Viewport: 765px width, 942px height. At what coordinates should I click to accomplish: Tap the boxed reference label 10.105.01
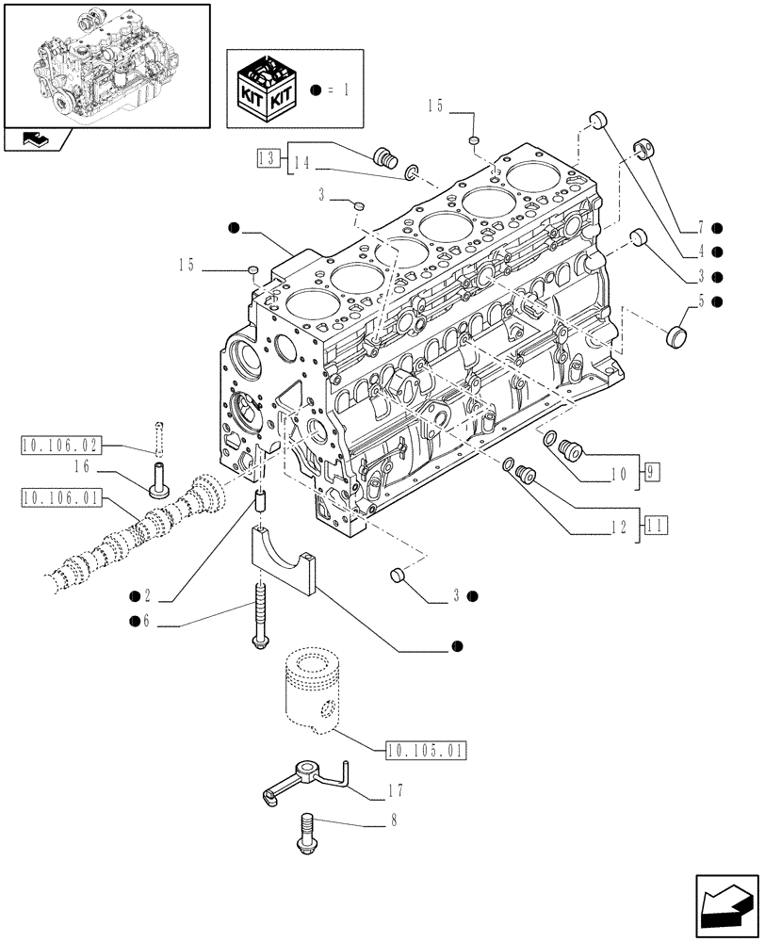click(x=427, y=750)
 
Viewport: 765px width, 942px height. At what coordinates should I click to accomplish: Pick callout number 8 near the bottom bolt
click(x=394, y=821)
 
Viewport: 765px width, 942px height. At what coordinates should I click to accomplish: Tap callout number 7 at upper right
click(x=702, y=227)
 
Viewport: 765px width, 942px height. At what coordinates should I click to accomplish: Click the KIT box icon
click(x=267, y=90)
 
